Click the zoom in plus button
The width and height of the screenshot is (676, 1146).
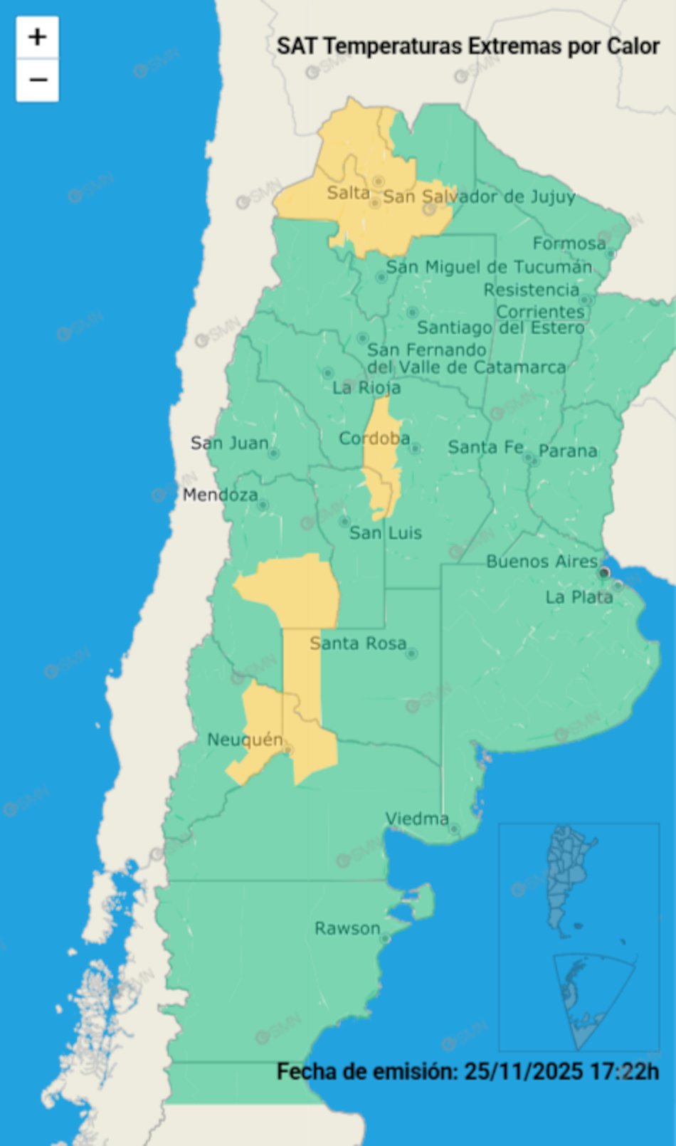click(x=38, y=37)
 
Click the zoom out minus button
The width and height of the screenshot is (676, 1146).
click(x=38, y=80)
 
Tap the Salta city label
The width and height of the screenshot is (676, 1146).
click(x=348, y=193)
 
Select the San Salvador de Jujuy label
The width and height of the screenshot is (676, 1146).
click(x=479, y=197)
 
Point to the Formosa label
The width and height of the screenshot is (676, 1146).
click(x=569, y=244)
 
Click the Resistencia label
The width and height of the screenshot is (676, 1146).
click(x=531, y=290)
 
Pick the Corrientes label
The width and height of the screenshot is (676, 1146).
click(x=540, y=312)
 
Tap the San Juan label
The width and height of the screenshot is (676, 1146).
click(x=229, y=443)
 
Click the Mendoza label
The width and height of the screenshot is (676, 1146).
click(x=220, y=495)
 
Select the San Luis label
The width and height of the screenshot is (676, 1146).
click(x=385, y=533)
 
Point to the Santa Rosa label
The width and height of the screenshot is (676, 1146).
click(x=357, y=643)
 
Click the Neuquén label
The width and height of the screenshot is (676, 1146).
click(x=244, y=740)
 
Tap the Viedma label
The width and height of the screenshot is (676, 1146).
click(x=416, y=819)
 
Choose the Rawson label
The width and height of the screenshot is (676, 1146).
click(x=347, y=928)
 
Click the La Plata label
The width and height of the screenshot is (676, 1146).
click(x=579, y=597)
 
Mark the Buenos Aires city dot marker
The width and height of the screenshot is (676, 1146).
click(x=604, y=572)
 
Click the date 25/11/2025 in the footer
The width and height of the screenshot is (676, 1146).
click(x=523, y=1071)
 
